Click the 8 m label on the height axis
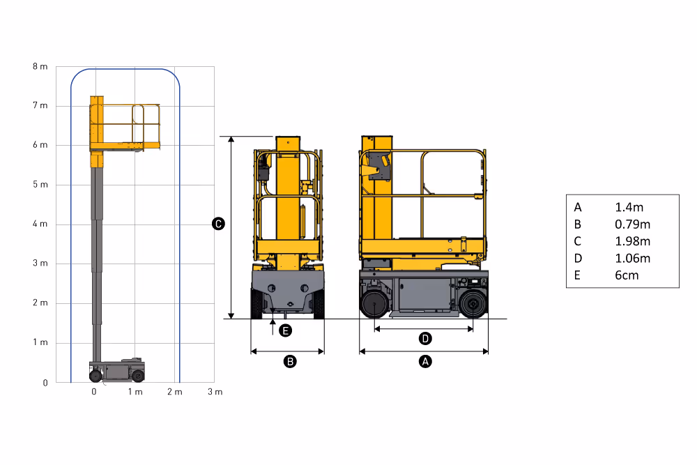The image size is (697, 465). [40, 67]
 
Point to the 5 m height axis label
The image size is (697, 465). [40, 185]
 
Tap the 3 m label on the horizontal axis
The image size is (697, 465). [215, 392]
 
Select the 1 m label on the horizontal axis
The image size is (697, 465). [135, 392]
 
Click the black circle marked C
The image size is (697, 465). [218, 224]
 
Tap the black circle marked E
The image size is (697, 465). [285, 330]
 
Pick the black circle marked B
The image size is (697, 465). [290, 361]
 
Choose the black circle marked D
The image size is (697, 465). [425, 339]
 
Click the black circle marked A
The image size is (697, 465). [425, 361]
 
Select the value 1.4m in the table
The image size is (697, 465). [629, 207]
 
